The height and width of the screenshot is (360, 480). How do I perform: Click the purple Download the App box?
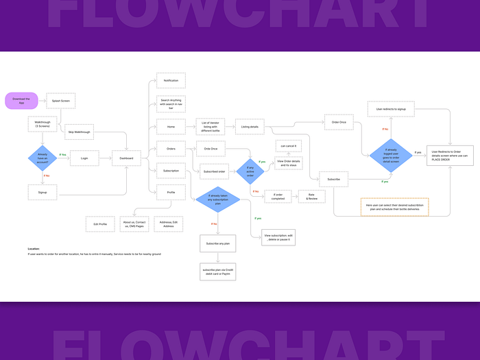click(21, 101)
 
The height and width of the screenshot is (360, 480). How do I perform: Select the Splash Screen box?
click(61, 101)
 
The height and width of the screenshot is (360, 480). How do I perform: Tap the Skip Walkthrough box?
click(80, 132)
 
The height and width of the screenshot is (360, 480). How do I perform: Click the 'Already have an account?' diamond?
click(43, 157)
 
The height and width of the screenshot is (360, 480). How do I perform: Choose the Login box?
click(84, 158)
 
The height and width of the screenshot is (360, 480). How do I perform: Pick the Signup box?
click(43, 193)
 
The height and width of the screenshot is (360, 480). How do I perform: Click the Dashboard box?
click(126, 158)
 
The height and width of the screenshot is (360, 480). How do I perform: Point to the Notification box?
click(171, 81)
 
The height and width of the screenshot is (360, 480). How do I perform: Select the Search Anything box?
click(171, 104)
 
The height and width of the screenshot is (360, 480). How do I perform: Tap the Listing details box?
click(250, 127)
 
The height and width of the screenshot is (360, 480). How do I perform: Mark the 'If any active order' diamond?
click(250, 170)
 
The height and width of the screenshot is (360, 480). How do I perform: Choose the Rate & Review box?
click(311, 196)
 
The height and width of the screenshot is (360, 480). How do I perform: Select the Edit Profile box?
click(100, 224)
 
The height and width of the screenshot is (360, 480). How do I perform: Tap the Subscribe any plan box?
click(217, 243)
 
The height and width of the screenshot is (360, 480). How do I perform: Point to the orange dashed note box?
click(394, 206)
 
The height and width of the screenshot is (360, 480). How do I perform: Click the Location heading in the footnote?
click(34, 249)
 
